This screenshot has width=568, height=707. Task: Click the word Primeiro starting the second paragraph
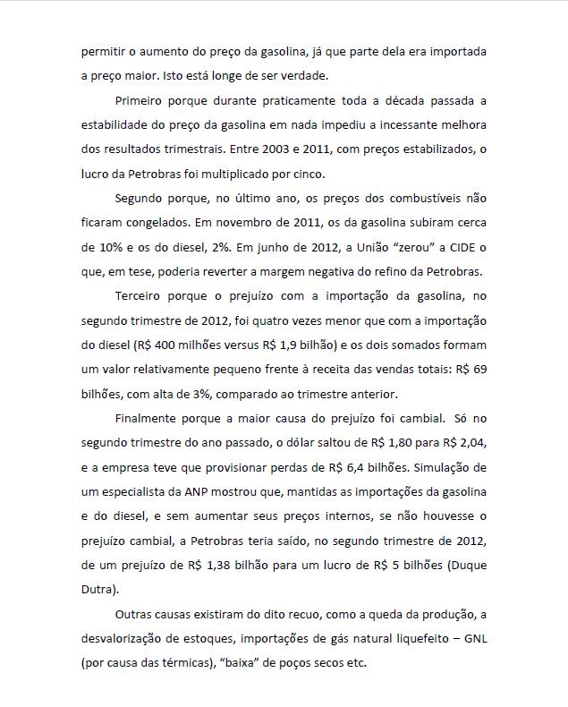[140, 100]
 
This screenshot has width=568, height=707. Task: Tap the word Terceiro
[140, 295]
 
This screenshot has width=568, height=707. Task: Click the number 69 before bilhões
[479, 369]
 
